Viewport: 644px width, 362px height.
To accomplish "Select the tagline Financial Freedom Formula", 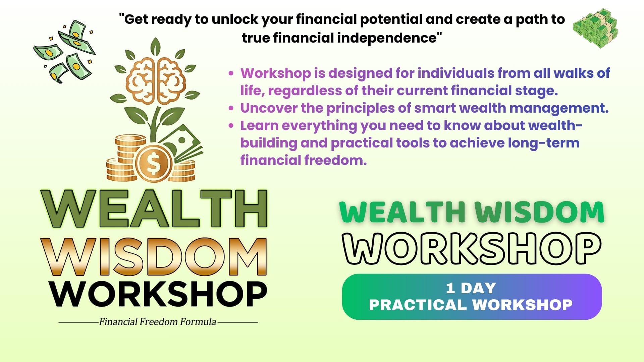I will point(158,322).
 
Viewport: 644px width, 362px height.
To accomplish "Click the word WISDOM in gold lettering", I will point(155,257).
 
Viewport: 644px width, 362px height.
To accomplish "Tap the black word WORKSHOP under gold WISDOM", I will point(158,294).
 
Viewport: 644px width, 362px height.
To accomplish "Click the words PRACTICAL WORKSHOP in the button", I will point(471,305).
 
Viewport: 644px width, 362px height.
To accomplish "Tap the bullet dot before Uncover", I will point(231,108).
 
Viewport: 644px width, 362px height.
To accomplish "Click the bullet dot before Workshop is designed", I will point(231,73).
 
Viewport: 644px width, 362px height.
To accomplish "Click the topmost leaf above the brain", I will point(155,47).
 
